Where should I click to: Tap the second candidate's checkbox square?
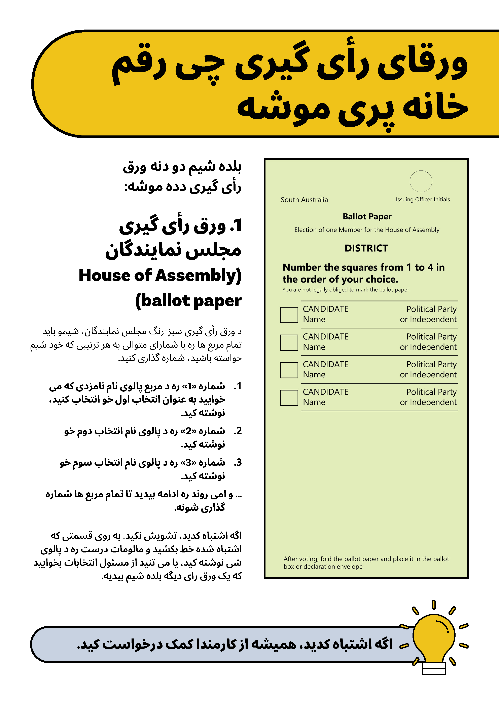(x=289, y=342)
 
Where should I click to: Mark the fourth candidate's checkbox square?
(x=289, y=398)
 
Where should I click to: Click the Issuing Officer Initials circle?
(x=421, y=181)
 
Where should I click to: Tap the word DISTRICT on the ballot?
(x=366, y=248)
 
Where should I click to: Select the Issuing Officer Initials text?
(x=423, y=200)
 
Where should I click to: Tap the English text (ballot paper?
(x=188, y=301)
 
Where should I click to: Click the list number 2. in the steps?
(x=238, y=431)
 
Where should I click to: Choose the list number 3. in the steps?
(x=238, y=462)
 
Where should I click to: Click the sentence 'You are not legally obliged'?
(x=346, y=290)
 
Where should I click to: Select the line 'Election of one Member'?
(x=367, y=230)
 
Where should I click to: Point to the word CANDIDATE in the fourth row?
(x=325, y=392)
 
